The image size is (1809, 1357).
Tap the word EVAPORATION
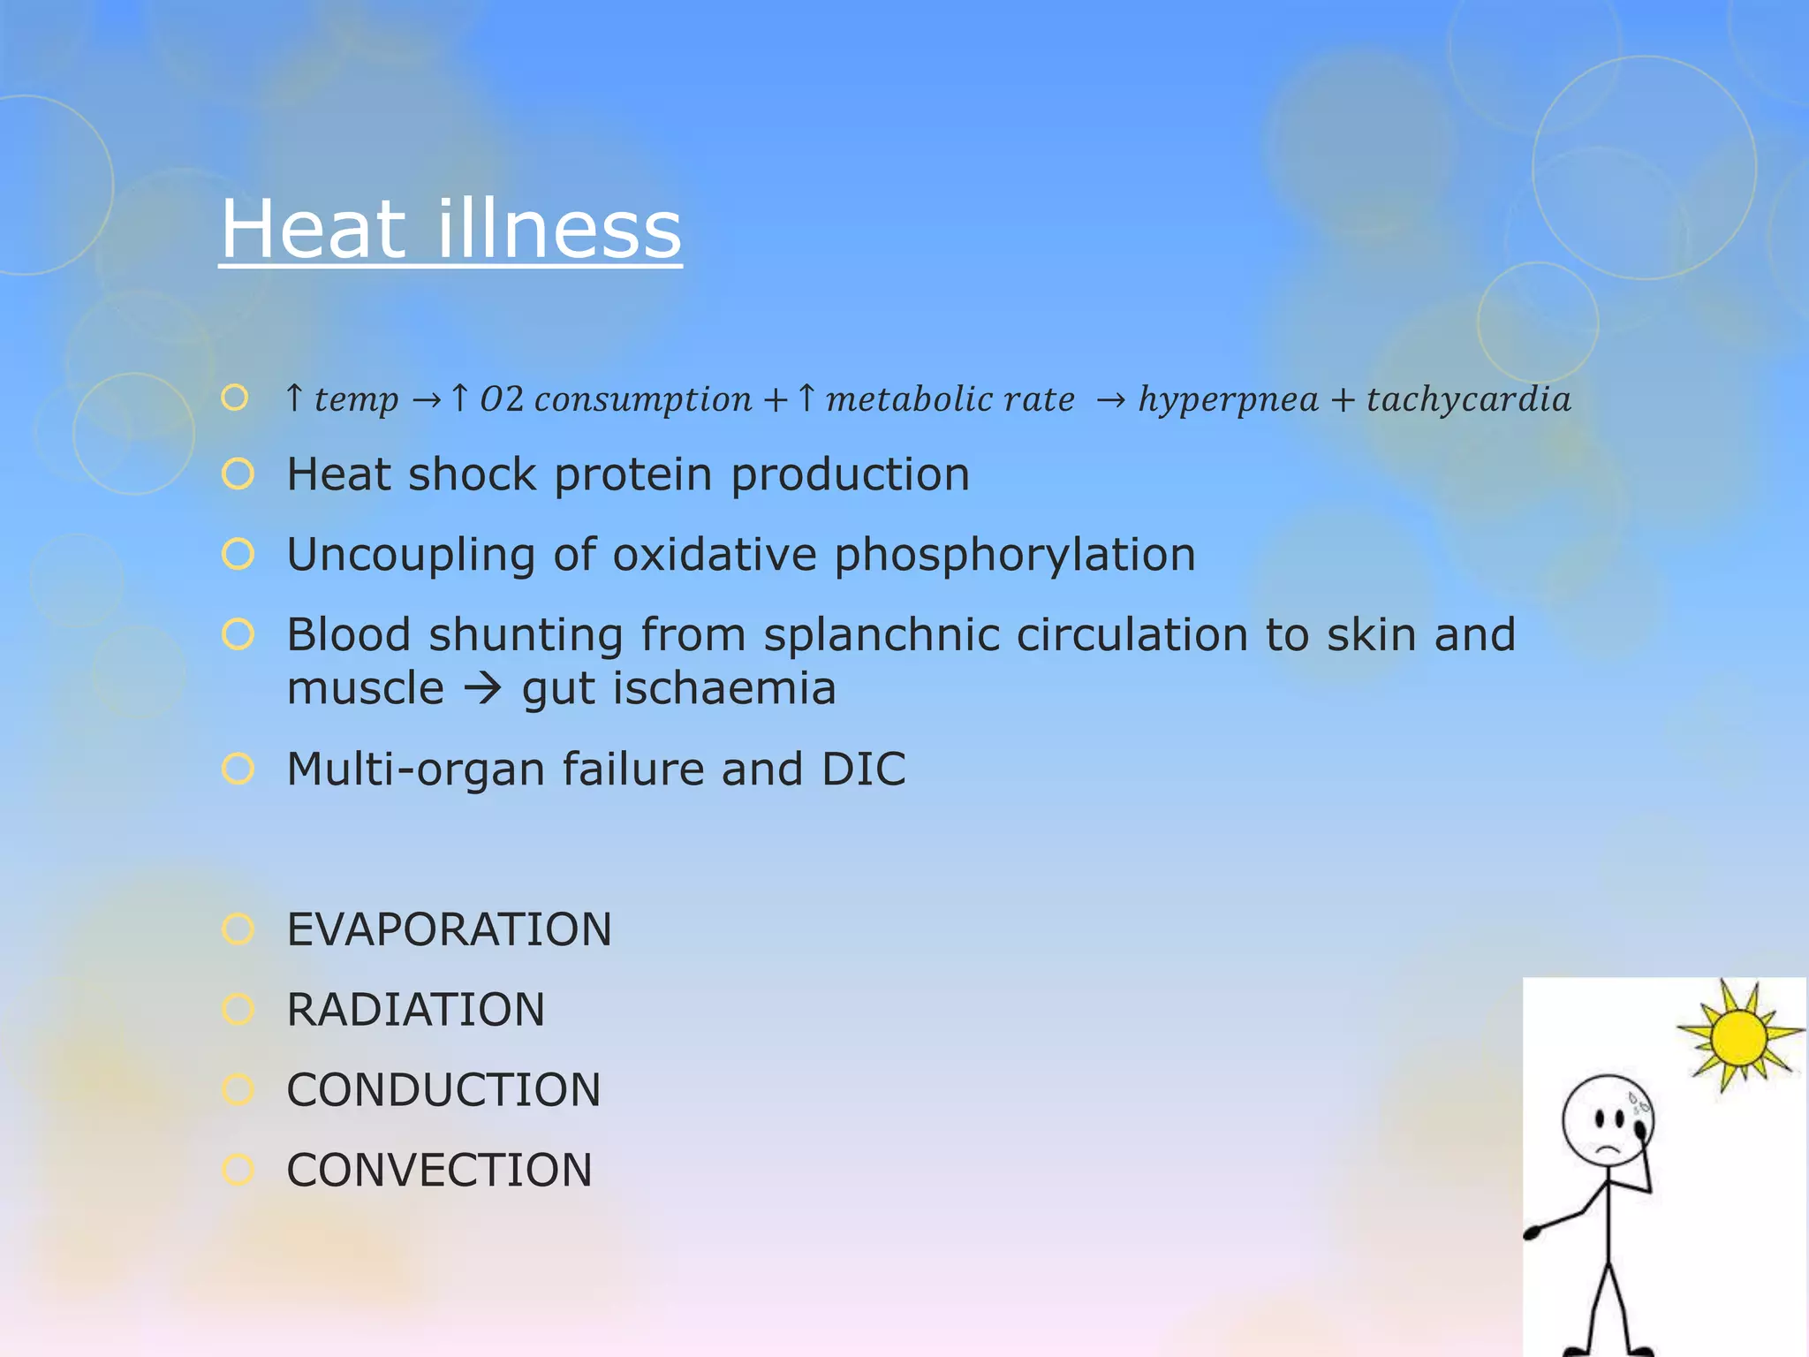coord(449,929)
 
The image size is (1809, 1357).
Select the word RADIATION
coord(416,1010)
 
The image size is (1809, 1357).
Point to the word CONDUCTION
coord(443,1090)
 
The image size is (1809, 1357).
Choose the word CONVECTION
coord(439,1171)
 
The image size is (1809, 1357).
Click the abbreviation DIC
coord(863,769)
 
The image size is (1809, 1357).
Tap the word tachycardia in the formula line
coord(1469,399)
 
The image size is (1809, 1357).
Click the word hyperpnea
coord(1228,400)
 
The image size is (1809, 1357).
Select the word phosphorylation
coord(1015,556)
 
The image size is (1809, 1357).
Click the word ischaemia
coord(723,688)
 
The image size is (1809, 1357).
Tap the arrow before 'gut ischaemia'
coord(483,688)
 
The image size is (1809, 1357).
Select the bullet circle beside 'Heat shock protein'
coord(238,474)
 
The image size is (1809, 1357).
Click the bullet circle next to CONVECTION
coord(238,1170)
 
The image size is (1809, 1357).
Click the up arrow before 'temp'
coord(295,398)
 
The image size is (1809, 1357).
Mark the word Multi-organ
coord(415,769)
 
